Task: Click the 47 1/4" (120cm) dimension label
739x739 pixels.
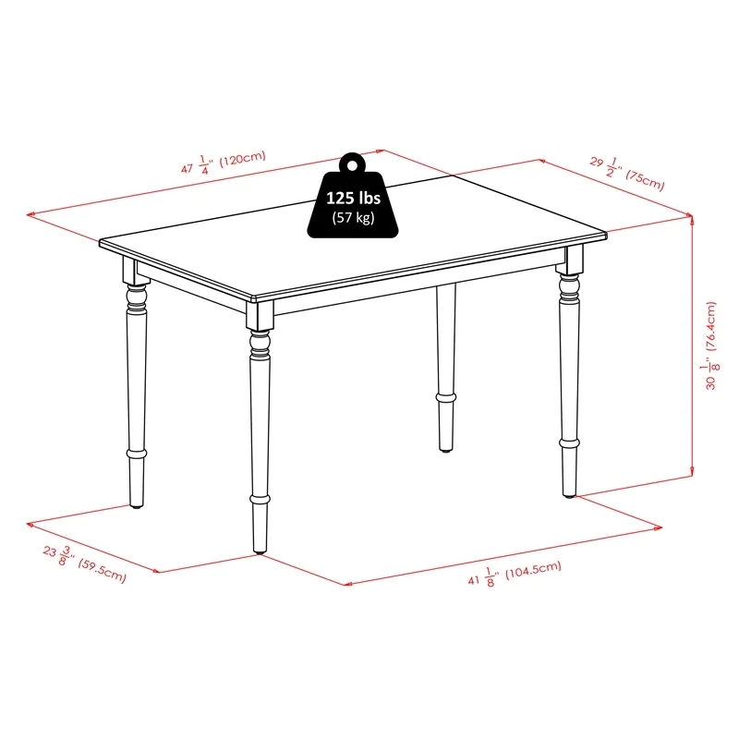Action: pyautogui.click(x=223, y=163)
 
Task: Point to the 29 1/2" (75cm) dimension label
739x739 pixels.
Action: pyautogui.click(x=627, y=172)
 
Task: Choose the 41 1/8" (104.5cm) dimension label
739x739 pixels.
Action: pyautogui.click(x=515, y=576)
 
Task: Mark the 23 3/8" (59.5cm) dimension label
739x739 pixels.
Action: pyautogui.click(x=83, y=564)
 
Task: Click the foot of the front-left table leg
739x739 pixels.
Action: pyautogui.click(x=137, y=503)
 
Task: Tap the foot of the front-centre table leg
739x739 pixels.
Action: pyautogui.click(x=259, y=549)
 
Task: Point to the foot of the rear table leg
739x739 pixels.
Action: pyautogui.click(x=446, y=447)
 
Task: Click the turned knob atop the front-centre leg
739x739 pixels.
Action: pyautogui.click(x=260, y=344)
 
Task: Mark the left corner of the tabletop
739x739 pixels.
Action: pyautogui.click(x=101, y=243)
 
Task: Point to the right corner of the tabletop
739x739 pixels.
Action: pyautogui.click(x=606, y=235)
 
